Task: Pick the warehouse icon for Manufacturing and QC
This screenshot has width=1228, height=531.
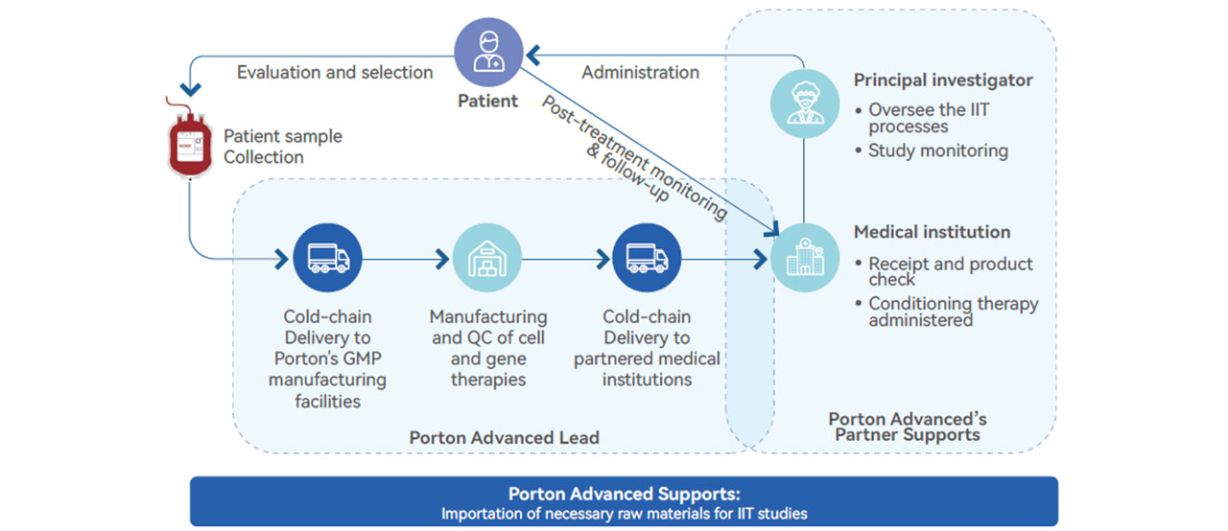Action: click(x=486, y=258)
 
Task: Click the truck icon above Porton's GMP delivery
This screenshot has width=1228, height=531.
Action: click(x=328, y=258)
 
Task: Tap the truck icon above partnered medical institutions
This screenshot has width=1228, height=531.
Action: click(x=646, y=258)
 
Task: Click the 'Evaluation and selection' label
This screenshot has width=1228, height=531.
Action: click(x=335, y=73)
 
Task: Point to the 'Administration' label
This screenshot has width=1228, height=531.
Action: click(x=640, y=73)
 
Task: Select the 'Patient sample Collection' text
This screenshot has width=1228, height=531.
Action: click(x=282, y=147)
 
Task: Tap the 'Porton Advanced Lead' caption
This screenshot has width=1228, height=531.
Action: click(x=504, y=438)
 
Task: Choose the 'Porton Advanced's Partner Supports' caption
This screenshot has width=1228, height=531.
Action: click(x=907, y=427)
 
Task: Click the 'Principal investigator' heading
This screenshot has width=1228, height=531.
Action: click(x=943, y=80)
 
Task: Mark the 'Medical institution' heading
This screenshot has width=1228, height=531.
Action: click(x=932, y=232)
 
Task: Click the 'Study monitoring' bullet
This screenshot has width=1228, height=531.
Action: click(x=937, y=150)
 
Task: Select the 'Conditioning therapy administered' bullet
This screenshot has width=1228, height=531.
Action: click(x=953, y=312)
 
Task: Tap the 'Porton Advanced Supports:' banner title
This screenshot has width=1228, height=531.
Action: click(x=624, y=495)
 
